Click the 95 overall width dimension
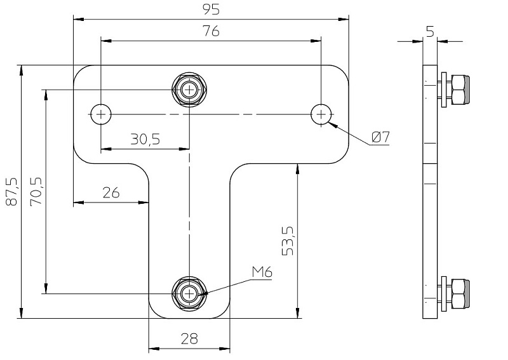coord(211,10)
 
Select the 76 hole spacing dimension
coord(211,31)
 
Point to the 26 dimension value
coord(111,193)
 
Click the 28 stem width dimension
coord(189,338)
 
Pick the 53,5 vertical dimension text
coord(288,239)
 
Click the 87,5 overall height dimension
coord(11,192)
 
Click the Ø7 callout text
coord(380,137)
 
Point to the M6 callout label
coord(262,272)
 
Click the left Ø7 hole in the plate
coord(100,114)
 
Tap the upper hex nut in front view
coord(189,90)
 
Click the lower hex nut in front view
coord(189,293)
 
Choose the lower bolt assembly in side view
coord(454,293)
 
